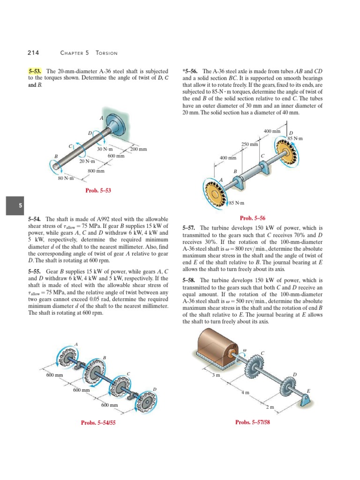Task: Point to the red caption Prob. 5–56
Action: coord(252,217)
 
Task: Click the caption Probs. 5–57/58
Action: coord(254,422)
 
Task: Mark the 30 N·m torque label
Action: coord(105,149)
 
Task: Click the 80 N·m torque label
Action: coord(66,179)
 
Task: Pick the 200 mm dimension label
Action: coord(139,149)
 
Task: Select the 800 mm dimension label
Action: coord(96,171)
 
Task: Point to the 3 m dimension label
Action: coord(216,375)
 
